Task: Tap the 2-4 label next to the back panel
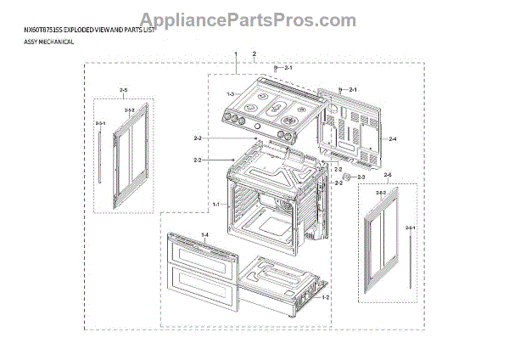[392, 138]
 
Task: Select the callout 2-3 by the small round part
[361, 177]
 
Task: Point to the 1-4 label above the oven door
[204, 233]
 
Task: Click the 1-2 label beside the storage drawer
[325, 297]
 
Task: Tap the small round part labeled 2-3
[345, 177]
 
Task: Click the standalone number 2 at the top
[255, 54]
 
